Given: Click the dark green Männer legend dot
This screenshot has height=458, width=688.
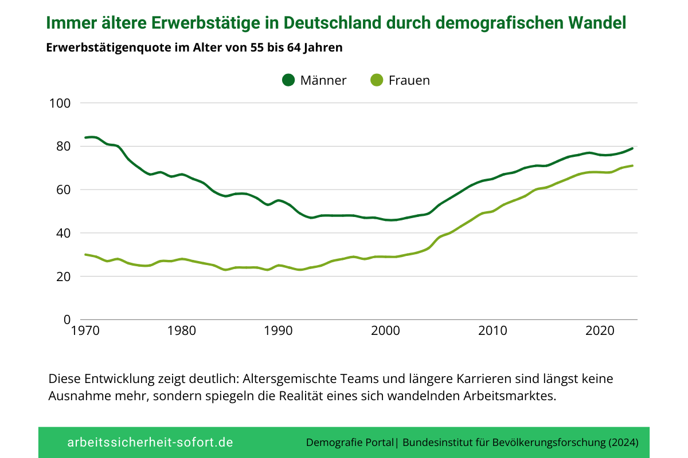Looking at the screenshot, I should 288,80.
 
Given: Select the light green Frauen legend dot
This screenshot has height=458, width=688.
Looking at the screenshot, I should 377,80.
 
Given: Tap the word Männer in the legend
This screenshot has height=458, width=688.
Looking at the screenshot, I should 323,80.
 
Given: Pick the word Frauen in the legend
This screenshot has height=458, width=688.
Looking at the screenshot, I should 409,80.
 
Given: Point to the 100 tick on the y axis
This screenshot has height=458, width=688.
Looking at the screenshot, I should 60,104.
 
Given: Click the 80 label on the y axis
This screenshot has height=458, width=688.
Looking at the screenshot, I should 62,147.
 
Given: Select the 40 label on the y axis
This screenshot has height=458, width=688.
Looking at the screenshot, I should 62,233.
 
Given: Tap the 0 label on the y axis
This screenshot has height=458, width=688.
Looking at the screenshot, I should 67,319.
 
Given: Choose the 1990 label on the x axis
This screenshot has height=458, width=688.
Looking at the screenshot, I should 277,331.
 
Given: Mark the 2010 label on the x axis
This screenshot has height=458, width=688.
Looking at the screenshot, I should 492,331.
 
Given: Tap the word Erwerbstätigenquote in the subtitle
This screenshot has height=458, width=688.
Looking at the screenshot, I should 109,48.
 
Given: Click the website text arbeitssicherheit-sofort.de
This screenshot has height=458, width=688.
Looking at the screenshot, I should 150,443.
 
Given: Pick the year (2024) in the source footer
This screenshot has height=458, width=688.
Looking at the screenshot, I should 621,443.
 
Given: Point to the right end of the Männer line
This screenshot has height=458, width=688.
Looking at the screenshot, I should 632,148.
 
